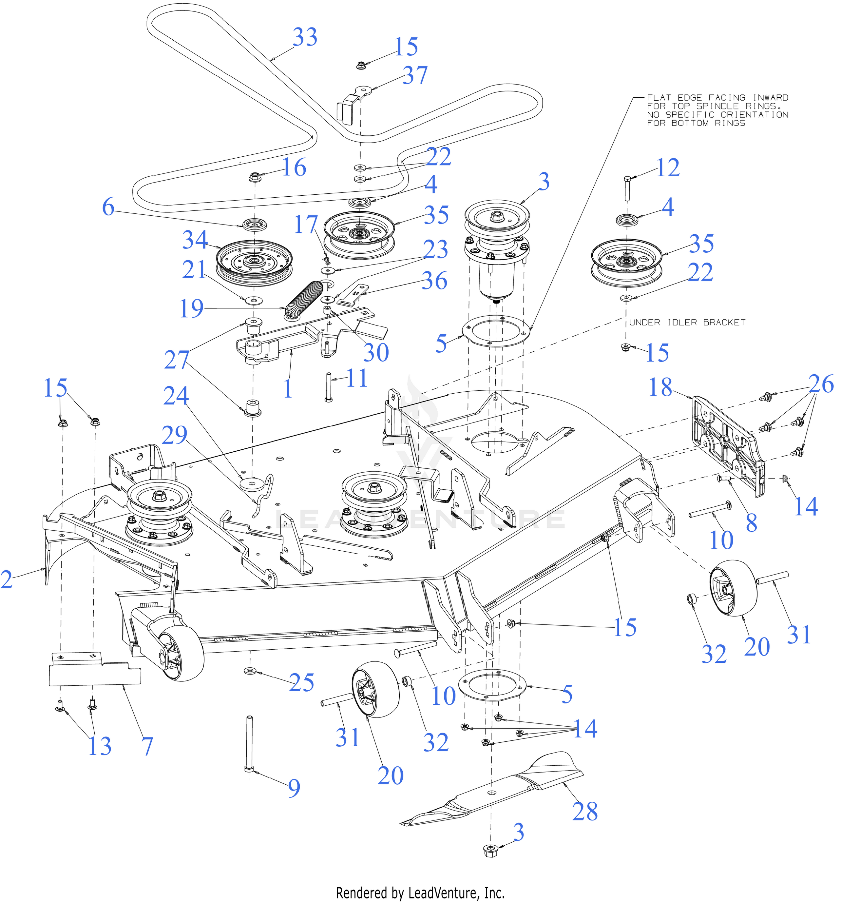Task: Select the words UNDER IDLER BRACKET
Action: click(x=687, y=323)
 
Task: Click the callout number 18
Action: click(x=660, y=387)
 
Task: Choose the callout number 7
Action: click(x=147, y=746)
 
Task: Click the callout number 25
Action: click(x=301, y=683)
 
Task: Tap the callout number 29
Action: click(x=175, y=435)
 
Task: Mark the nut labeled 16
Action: click(x=254, y=176)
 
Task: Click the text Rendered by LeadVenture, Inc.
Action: click(x=420, y=893)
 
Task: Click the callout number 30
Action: click(x=376, y=352)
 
